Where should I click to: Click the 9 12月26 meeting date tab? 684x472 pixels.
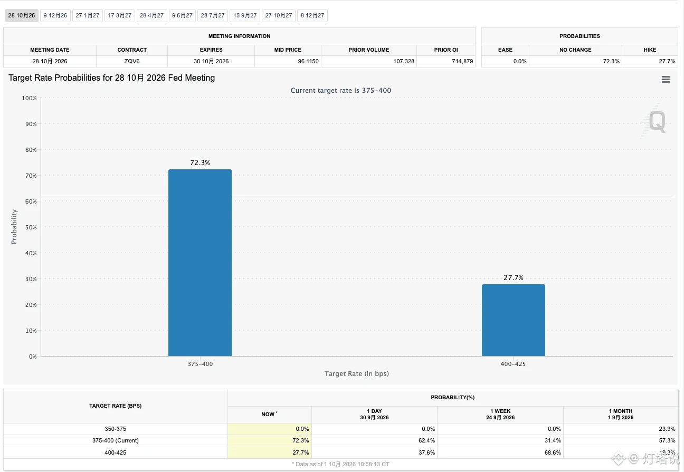(x=55, y=16)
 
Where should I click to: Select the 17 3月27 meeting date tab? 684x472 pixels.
(x=120, y=16)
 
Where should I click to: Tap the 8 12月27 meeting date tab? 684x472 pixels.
(x=312, y=16)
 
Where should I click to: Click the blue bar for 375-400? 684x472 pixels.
(x=200, y=263)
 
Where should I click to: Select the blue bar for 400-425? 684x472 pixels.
(x=514, y=320)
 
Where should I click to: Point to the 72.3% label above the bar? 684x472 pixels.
(x=200, y=162)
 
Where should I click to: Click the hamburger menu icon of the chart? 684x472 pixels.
(x=666, y=80)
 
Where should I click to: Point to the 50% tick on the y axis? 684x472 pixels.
(x=31, y=227)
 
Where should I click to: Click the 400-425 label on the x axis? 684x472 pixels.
(x=513, y=364)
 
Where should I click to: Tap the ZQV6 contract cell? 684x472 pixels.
(x=132, y=61)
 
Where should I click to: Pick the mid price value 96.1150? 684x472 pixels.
(x=308, y=61)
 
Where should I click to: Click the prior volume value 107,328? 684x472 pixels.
(x=404, y=61)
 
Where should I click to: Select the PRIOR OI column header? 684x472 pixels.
(x=446, y=50)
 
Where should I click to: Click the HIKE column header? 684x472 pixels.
(x=650, y=50)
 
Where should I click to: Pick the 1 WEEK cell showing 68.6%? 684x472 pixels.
(x=553, y=452)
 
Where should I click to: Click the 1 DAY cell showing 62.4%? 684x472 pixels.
(x=426, y=440)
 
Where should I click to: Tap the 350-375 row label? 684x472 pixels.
(x=116, y=429)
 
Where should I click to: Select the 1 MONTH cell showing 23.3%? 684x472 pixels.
(x=667, y=429)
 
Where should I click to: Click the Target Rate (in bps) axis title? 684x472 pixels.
(x=357, y=373)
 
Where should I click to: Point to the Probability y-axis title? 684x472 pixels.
(x=14, y=227)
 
